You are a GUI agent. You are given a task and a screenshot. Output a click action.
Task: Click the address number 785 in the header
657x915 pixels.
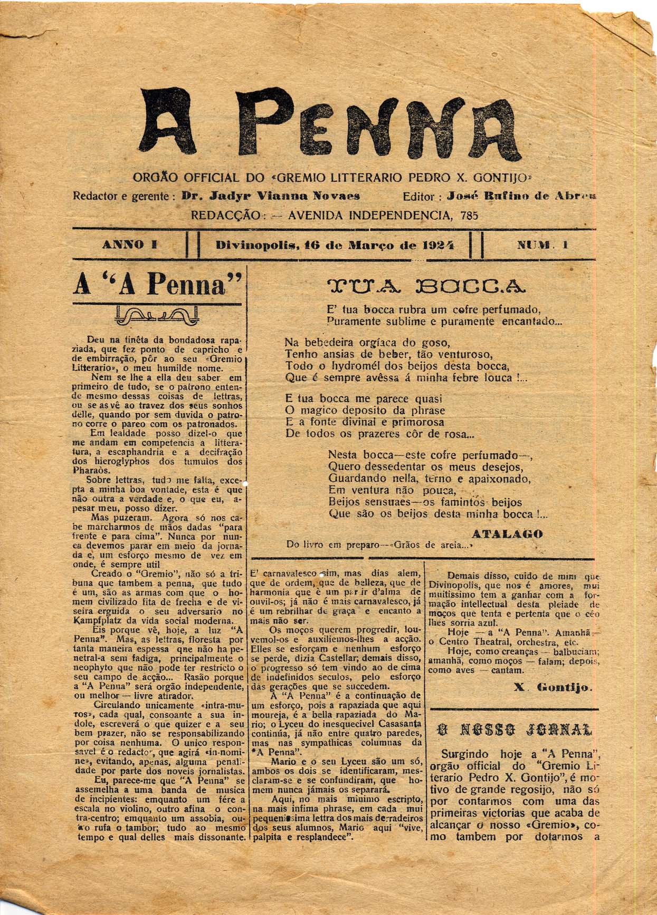[x=469, y=215]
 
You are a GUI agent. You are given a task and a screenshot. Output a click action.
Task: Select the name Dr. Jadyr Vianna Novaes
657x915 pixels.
[x=271, y=196]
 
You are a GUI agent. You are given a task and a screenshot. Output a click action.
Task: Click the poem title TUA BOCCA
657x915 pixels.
[x=426, y=286]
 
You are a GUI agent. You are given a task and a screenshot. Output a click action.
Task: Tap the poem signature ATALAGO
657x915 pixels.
[x=507, y=533]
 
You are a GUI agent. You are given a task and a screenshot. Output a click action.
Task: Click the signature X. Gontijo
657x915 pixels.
[x=553, y=688]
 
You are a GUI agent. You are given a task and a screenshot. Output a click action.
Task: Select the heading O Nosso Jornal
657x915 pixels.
[x=515, y=730]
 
